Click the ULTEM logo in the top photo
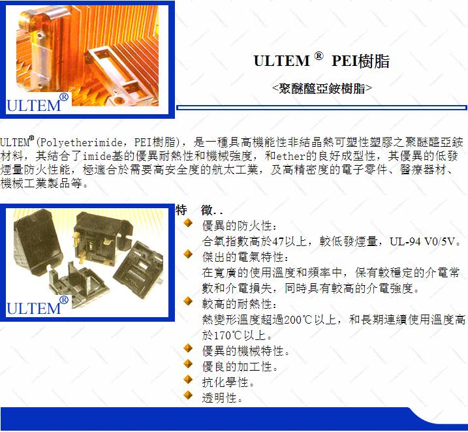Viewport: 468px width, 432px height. click(37, 103)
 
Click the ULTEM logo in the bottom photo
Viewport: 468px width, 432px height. click(37, 305)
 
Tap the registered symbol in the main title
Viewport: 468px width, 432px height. click(319, 55)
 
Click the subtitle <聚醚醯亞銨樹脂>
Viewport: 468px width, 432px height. click(322, 88)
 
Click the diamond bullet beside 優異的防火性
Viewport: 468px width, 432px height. click(188, 223)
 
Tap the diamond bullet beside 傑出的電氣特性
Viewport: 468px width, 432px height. click(188, 254)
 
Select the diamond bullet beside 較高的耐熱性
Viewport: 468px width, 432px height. click(188, 301)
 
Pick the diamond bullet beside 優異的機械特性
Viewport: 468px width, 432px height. click(188, 348)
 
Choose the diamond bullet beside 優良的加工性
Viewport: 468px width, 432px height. click(188, 363)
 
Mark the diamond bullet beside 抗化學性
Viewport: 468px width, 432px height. click(188, 379)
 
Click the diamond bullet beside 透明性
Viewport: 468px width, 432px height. click(188, 395)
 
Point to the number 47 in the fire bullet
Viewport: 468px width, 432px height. click(278, 241)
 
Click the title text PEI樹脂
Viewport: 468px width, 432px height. click(360, 61)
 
